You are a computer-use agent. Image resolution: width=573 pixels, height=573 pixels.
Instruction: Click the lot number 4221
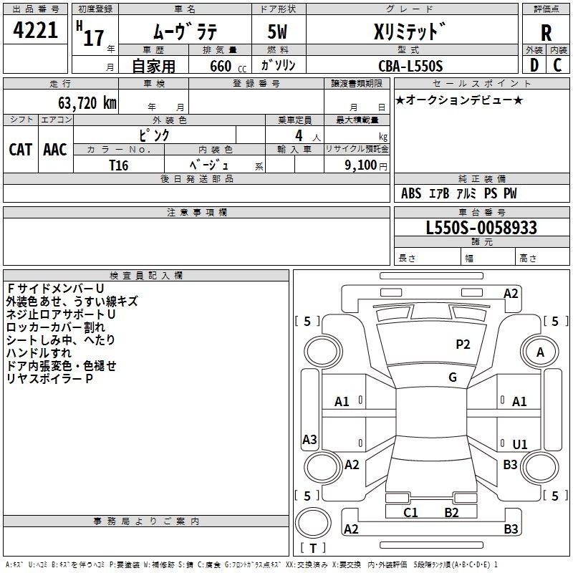tap(35, 30)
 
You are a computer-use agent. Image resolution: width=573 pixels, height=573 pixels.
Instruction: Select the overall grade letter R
tap(546, 33)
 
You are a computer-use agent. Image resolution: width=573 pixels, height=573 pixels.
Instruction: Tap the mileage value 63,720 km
tap(87, 103)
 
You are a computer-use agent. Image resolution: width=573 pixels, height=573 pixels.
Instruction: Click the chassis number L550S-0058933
tap(481, 228)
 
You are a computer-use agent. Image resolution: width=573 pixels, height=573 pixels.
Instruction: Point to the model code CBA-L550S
tap(410, 66)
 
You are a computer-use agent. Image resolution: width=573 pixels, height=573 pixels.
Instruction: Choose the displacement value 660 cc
tap(228, 67)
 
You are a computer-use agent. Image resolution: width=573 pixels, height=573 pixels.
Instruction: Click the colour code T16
tap(119, 165)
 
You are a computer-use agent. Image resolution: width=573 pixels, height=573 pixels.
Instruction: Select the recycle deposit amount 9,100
tap(361, 165)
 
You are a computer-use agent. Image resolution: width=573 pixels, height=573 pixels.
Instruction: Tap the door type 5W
tap(277, 32)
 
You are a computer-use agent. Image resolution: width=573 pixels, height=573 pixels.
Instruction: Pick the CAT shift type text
tap(21, 150)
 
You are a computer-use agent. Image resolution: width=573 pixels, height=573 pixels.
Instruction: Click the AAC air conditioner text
tap(55, 150)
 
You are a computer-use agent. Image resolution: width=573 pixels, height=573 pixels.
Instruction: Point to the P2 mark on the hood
tap(463, 345)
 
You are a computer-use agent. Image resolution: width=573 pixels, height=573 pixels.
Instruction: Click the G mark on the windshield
tap(453, 377)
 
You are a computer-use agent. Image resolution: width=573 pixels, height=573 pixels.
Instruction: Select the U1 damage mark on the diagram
tap(520, 444)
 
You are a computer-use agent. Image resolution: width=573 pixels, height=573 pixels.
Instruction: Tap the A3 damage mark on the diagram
tap(309, 439)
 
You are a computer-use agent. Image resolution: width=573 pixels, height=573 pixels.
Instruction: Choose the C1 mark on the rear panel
tap(410, 513)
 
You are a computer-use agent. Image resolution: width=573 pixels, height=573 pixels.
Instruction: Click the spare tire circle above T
tap(313, 523)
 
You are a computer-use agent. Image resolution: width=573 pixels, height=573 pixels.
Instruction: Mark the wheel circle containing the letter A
tap(540, 352)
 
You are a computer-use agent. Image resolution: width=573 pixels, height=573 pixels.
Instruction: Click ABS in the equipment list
tap(411, 193)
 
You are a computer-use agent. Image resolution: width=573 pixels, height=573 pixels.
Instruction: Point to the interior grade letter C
tap(557, 65)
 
